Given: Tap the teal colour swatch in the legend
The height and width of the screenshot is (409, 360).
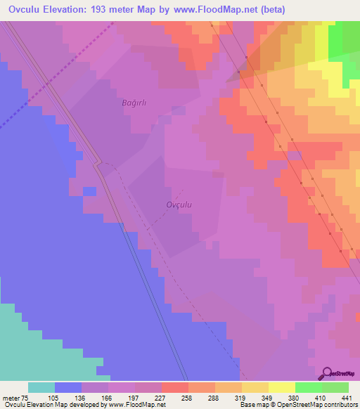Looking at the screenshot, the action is (41, 388).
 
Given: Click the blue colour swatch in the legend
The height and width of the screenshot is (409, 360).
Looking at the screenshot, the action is (68, 388).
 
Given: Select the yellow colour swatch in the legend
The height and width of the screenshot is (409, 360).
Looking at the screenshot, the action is (281, 388).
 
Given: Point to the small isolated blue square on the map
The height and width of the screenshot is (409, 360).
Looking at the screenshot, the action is (89, 191).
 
